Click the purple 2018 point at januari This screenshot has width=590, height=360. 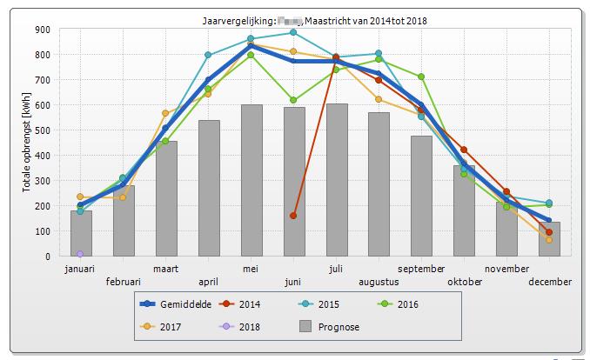click(x=81, y=254)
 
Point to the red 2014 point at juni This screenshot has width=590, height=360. click(x=293, y=216)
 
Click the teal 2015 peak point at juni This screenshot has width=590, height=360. click(x=293, y=33)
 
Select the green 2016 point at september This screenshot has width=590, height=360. click(x=421, y=77)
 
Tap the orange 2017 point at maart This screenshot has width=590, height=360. click(x=165, y=113)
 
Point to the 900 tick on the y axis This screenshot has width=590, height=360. click(x=43, y=29)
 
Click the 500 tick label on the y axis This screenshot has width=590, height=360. click(x=43, y=130)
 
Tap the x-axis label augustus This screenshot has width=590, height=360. click(x=379, y=282)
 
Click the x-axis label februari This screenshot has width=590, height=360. click(x=124, y=282)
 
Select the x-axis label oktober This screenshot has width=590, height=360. click(x=464, y=282)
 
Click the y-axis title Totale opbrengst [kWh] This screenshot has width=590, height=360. click(x=26, y=143)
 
